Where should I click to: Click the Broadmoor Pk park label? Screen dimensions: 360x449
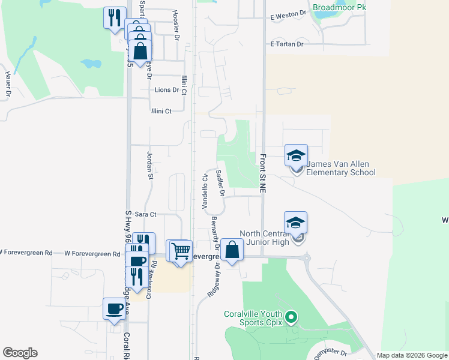pos(339,8)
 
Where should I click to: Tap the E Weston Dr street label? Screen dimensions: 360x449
pos(288,17)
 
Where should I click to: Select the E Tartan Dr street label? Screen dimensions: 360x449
pos(287,44)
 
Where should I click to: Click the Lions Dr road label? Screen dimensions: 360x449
pos(167,90)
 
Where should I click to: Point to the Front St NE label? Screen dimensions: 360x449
pos(262,173)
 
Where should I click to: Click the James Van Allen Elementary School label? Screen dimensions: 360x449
pos(340,169)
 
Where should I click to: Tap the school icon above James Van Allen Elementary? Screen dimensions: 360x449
pos(296,156)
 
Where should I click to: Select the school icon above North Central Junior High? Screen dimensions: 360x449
pos(296,223)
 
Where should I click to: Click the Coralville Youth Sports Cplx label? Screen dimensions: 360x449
pos(253,318)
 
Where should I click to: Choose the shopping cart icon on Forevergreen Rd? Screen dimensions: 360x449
pos(181,251)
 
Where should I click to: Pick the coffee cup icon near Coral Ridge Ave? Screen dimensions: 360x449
pos(114,309)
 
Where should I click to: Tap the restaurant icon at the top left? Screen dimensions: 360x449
pos(114,17)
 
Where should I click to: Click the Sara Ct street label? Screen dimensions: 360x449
pos(145,214)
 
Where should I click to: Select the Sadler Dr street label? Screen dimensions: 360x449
pos(220,182)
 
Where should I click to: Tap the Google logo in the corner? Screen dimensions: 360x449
pos(20,353)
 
